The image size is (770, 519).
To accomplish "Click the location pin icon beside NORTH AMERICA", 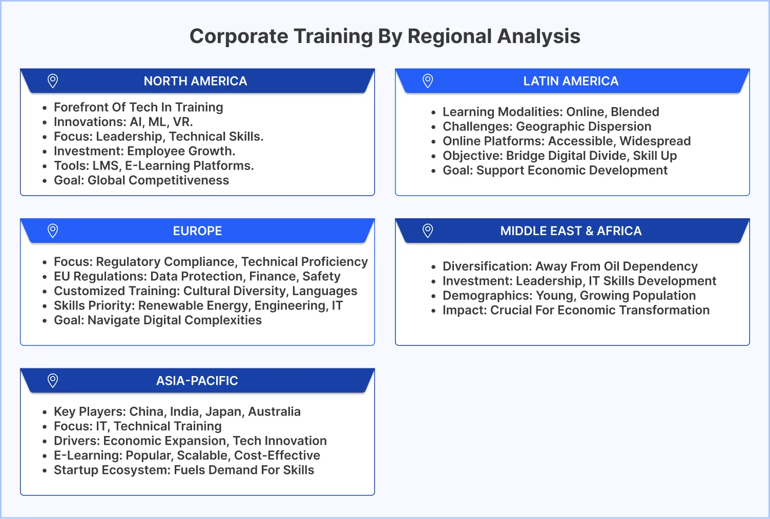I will coord(53,81).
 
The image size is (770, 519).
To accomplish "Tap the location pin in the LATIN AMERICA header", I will coord(428,81).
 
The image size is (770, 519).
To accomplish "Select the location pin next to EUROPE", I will coord(53,231).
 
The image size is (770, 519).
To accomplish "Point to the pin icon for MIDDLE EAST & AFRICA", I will coord(428,231).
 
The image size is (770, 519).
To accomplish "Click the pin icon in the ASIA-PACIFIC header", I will coord(53,381).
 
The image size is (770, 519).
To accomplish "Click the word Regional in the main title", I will coord(449,36).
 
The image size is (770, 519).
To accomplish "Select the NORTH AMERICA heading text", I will coord(195,81).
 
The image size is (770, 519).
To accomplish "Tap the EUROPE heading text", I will coord(197,231).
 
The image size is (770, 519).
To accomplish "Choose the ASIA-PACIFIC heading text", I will coord(197,381).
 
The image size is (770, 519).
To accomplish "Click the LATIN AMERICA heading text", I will coord(571,81).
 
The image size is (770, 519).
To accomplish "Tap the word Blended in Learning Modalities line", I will coord(635,112).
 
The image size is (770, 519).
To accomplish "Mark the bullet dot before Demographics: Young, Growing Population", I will coord(433,296).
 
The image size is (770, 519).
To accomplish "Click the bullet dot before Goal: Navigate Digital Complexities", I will coord(45,321).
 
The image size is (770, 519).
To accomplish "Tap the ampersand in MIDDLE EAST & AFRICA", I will coord(589,231).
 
